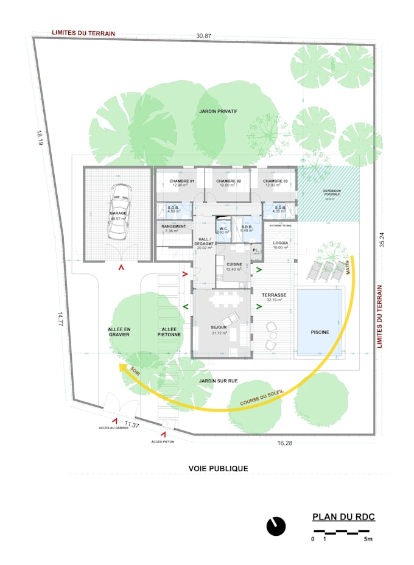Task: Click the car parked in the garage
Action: tap(119, 211)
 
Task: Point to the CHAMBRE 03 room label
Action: tap(275, 182)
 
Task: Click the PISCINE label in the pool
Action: tap(319, 332)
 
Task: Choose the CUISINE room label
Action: tap(234, 264)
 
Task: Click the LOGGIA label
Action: tap(281, 242)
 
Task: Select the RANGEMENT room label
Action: tap(173, 226)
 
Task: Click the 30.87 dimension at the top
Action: tap(204, 37)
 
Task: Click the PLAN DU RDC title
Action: tap(344, 518)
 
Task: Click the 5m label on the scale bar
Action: tap(368, 539)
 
